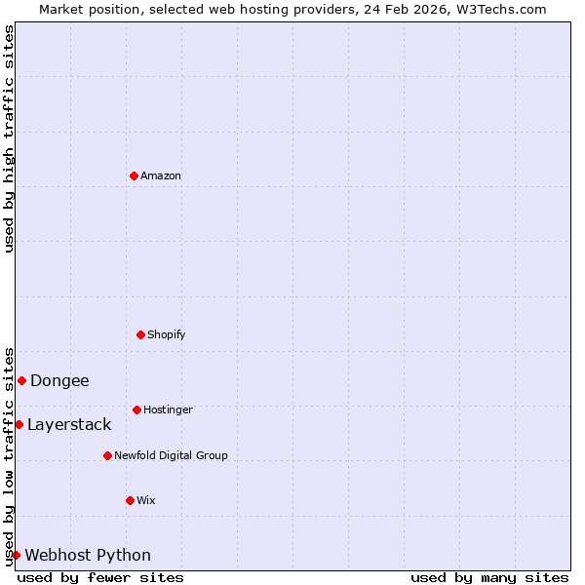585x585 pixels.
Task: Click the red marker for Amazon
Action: (134, 175)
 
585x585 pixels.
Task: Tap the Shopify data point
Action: (140, 334)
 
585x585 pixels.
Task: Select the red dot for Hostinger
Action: (136, 409)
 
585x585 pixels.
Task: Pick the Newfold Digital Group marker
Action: (107, 455)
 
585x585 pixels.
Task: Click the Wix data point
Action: (130, 500)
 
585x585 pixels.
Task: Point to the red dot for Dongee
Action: (21, 380)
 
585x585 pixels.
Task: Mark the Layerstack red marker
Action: (19, 424)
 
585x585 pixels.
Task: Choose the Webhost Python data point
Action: (16, 555)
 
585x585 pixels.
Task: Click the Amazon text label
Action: (161, 176)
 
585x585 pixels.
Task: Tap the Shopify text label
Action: (167, 335)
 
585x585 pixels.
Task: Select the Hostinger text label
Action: (168, 410)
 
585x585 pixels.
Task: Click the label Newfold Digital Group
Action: (171, 456)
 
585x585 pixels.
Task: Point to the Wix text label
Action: (146, 501)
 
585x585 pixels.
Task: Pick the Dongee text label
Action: (59, 381)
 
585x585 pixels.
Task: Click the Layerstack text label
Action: (69, 425)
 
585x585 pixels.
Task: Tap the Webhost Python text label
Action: (88, 556)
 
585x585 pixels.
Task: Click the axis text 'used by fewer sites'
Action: (100, 577)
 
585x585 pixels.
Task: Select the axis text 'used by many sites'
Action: (489, 577)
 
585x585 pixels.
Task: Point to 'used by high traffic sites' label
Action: (9, 138)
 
